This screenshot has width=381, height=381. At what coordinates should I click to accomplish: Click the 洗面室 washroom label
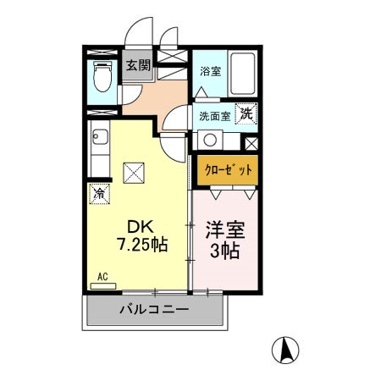[214, 116]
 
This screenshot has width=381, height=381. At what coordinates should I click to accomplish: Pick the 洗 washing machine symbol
[246, 113]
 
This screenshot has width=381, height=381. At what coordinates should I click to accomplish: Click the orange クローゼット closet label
[228, 170]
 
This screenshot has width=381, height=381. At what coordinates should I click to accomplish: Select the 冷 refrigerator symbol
[99, 193]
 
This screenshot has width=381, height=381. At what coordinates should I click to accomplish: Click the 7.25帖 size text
[141, 246]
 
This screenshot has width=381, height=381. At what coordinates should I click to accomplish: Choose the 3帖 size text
[224, 251]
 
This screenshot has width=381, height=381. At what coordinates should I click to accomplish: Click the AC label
[102, 277]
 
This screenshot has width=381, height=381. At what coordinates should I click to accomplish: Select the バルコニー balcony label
[153, 310]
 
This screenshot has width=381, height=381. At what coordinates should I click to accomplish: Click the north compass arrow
[286, 347]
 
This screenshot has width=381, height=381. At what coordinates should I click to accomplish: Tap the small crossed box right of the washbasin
[249, 141]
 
